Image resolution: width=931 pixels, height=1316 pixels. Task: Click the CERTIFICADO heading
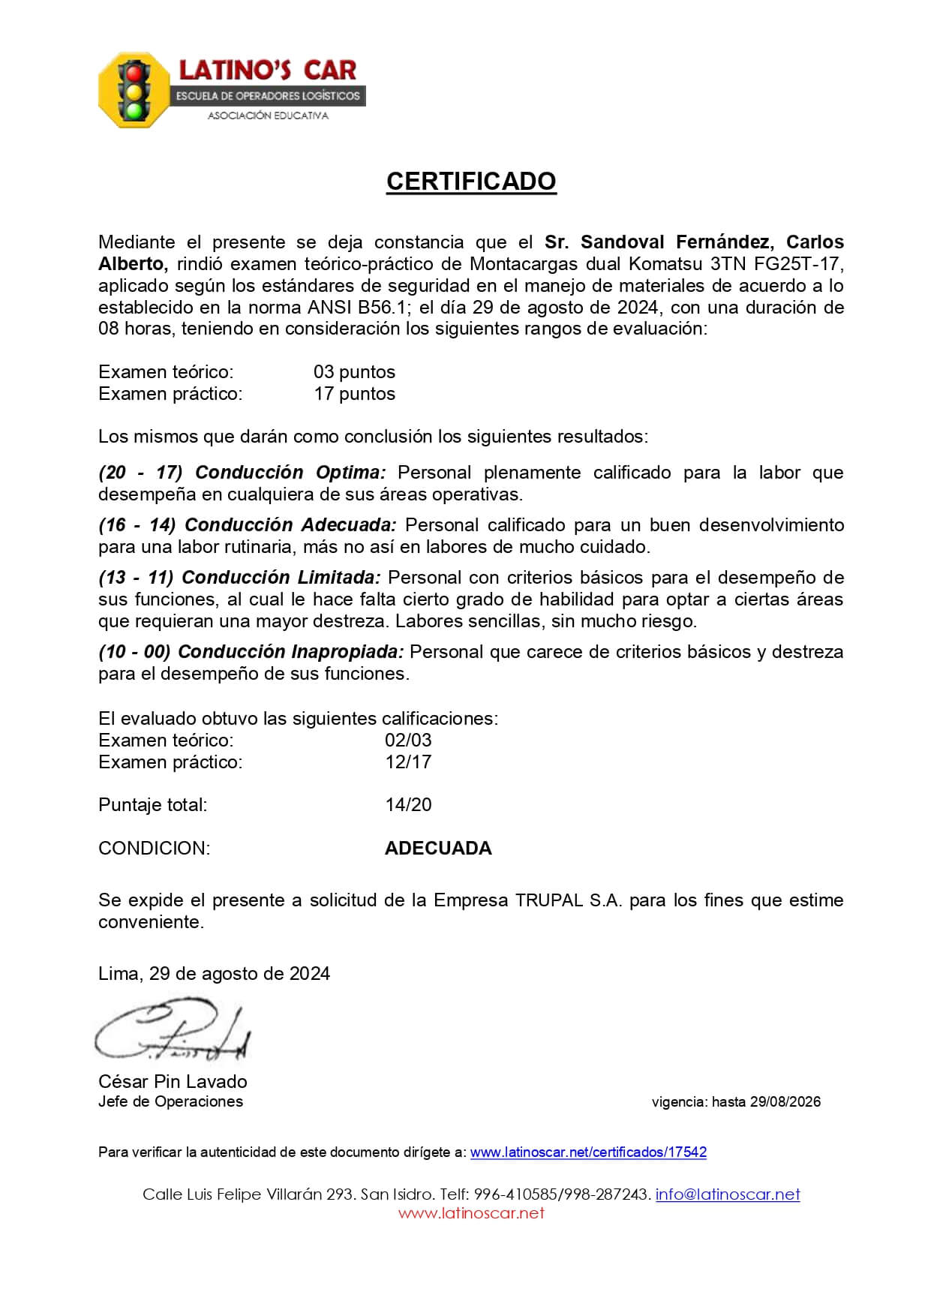click(470, 182)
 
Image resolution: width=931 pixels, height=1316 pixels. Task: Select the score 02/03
click(408, 740)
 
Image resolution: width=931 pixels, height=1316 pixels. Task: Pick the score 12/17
click(408, 762)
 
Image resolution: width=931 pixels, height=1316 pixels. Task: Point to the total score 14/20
click(408, 805)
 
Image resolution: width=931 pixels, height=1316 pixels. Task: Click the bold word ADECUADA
click(438, 849)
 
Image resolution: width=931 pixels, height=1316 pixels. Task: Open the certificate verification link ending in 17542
click(588, 1152)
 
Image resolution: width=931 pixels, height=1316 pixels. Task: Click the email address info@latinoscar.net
click(728, 1194)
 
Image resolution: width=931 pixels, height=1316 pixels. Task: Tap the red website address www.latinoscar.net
click(471, 1213)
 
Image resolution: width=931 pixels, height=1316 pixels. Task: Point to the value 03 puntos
click(354, 372)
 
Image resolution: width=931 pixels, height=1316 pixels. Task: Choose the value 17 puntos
click(354, 394)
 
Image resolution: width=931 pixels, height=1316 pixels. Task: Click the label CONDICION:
click(155, 849)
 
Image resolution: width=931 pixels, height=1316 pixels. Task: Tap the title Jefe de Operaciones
click(170, 1101)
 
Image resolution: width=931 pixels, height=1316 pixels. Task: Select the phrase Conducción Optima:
click(290, 473)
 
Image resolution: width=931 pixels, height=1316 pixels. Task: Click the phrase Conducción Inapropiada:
click(290, 652)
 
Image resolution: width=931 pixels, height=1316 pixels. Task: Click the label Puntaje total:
click(153, 805)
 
